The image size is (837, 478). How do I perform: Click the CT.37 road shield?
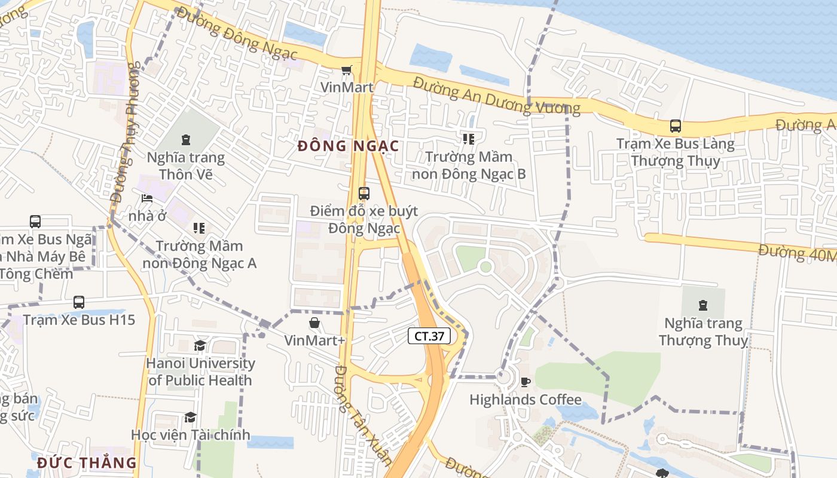[429, 336]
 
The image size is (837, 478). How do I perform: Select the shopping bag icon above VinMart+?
[314, 323]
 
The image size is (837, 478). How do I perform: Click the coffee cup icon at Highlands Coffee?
[526, 382]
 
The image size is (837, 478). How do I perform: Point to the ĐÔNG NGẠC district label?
[348, 146]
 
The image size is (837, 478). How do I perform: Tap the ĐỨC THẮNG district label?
[87, 463]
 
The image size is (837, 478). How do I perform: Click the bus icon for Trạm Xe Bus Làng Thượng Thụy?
[676, 126]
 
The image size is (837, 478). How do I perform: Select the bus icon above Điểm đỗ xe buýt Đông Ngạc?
[363, 194]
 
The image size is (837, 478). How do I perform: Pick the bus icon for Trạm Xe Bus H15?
[79, 302]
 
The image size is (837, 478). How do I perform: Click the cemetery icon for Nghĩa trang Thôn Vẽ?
[185, 140]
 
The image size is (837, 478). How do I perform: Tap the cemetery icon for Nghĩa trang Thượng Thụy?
[703, 305]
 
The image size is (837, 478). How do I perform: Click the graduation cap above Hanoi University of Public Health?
[200, 346]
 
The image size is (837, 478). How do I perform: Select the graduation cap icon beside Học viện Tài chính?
[190, 417]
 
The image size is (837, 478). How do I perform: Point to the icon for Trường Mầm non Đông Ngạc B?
[469, 139]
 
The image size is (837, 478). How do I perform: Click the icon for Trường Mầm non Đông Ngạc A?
[199, 228]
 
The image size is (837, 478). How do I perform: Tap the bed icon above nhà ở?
[147, 198]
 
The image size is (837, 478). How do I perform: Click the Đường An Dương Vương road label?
[496, 96]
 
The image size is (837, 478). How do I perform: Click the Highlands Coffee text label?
[526, 400]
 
